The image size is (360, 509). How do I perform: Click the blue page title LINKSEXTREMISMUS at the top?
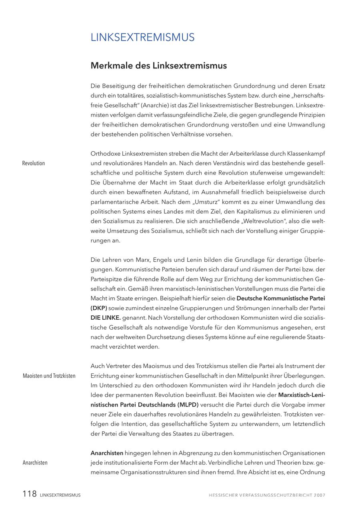142,37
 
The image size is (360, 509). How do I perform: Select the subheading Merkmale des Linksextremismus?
158,66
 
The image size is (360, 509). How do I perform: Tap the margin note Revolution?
34,163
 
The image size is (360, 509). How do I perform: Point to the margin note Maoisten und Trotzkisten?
49,376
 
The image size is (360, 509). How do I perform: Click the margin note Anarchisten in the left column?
35,463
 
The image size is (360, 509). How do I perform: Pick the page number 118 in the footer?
30,494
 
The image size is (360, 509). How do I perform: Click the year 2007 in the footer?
320,495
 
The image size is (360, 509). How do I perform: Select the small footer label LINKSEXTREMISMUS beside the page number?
60,495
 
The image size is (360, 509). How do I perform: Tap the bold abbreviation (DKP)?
99,308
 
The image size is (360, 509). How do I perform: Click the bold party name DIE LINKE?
106,318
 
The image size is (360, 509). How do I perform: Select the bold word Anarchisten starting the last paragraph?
107,453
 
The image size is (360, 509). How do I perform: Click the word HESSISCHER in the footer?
224,495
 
